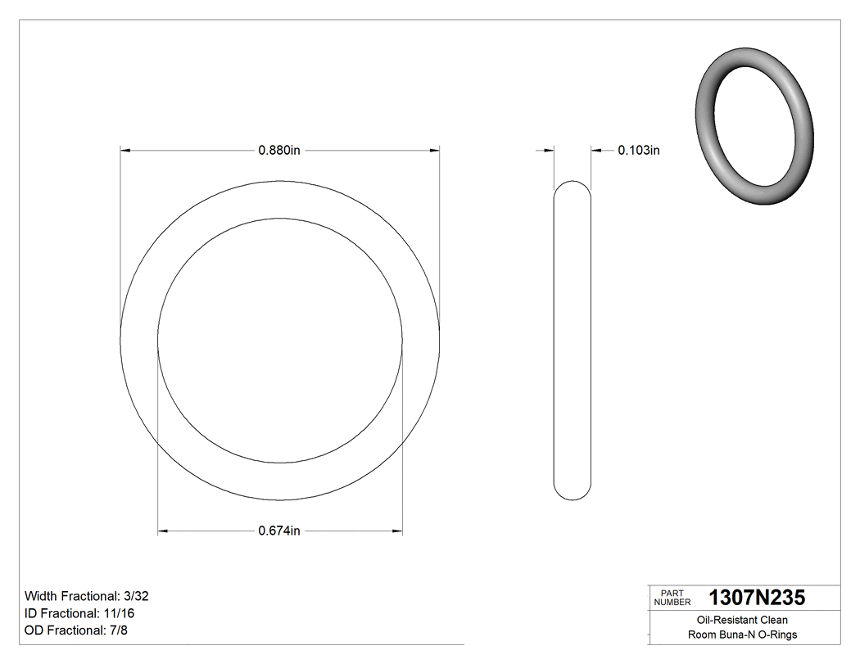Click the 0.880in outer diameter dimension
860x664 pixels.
point(279,151)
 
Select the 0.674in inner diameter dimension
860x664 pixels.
point(279,531)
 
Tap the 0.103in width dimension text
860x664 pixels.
point(638,151)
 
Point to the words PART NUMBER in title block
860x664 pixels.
point(672,598)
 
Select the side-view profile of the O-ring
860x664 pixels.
point(572,340)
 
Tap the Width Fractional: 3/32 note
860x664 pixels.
point(86,596)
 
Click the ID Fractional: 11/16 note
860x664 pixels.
point(80,613)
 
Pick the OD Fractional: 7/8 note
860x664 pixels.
point(76,630)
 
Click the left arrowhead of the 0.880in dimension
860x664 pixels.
point(125,151)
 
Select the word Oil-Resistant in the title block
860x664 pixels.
point(723,621)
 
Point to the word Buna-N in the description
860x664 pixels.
point(736,635)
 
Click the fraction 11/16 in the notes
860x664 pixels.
point(120,613)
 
